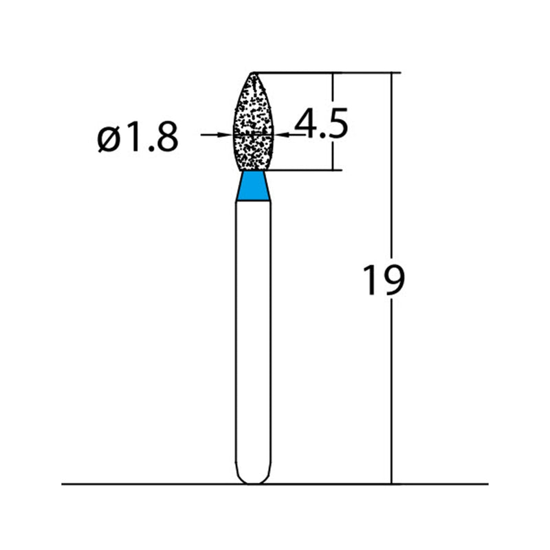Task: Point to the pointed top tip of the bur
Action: (253, 73)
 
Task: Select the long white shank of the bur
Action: (253, 330)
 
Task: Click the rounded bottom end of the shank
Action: (253, 477)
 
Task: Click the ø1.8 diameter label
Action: (138, 138)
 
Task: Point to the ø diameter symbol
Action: (109, 140)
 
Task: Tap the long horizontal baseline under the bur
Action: (137, 484)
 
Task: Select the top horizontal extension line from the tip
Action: (323, 71)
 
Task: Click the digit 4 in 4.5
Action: (305, 124)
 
